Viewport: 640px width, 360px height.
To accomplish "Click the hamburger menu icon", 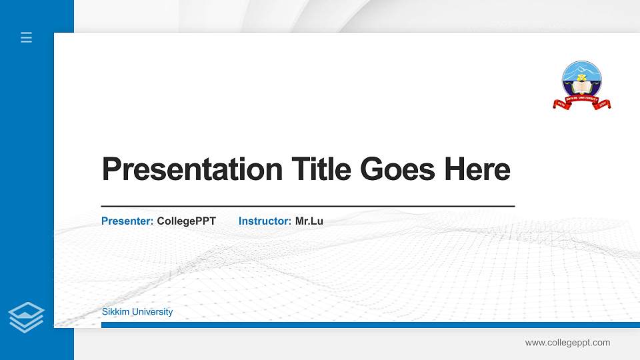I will tap(26, 37).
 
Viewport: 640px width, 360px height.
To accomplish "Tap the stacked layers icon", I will tap(27, 317).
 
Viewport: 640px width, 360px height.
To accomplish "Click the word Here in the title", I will tap(477, 169).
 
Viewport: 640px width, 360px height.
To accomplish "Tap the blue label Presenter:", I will tap(127, 221).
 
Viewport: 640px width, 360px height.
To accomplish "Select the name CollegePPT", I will tap(186, 221).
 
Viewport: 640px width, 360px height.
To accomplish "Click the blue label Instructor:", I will tap(265, 221).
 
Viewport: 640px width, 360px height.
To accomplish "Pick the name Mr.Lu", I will tap(309, 221).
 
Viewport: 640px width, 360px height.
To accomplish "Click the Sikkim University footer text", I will tap(137, 312).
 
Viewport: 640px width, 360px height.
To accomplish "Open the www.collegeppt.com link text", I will tap(567, 343).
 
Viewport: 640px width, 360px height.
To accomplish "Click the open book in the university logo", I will tap(582, 87).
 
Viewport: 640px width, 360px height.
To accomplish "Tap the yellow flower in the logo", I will tap(582, 78).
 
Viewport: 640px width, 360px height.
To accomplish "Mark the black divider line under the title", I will tap(307, 207).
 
